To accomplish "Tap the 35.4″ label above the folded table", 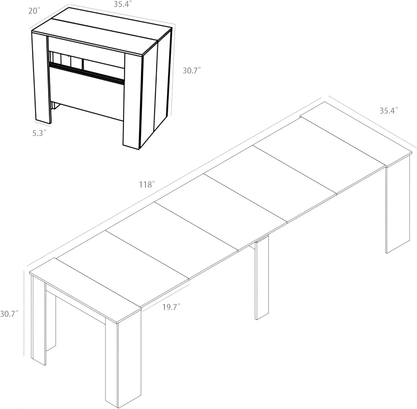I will (122, 4).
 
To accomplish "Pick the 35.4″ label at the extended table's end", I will (389, 111).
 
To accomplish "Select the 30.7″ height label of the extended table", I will (9, 314).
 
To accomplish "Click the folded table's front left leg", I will (41, 78).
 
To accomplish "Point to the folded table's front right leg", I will (133, 100).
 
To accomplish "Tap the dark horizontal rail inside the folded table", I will (86, 73).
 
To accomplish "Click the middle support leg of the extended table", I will (262, 278).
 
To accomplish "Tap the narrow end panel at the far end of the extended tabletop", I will (356, 133).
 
